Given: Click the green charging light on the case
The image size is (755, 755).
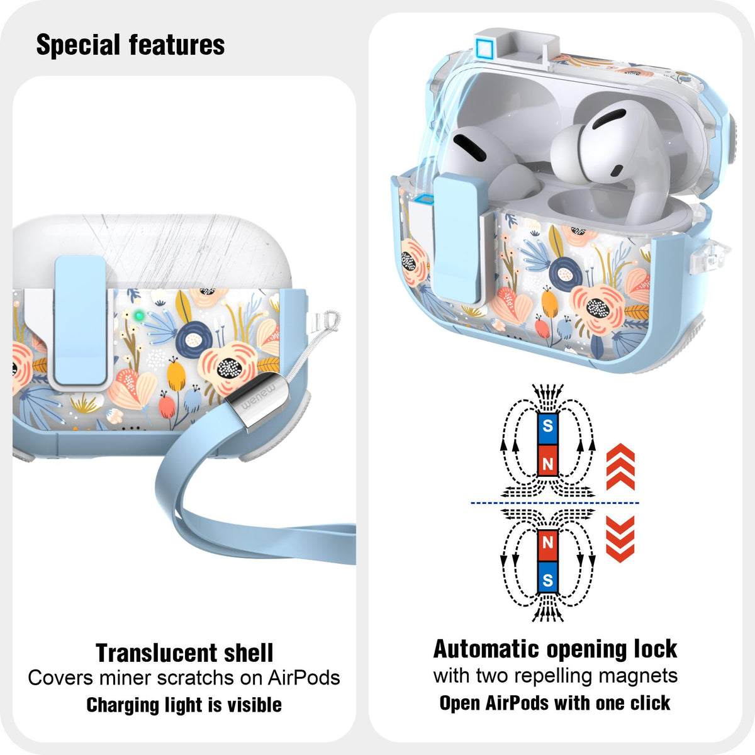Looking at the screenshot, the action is coord(138,315).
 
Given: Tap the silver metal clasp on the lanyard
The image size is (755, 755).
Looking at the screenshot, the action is coord(258,401).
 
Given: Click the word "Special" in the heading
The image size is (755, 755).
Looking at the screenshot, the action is coord(78,45).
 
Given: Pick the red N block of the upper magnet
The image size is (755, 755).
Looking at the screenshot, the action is coord(547,461).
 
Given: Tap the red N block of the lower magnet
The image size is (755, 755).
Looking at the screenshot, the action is coord(547,545).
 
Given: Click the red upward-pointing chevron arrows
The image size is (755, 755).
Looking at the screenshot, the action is coord(620,467).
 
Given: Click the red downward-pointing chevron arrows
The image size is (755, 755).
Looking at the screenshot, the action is coord(620,539).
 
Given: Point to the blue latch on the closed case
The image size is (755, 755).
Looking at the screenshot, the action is coord(81,321).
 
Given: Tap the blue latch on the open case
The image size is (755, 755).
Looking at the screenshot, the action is coord(457,238).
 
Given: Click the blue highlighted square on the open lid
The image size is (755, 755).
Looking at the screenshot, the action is coord(484,48).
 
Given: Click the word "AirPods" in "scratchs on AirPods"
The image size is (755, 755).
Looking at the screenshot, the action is coord(304,678).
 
